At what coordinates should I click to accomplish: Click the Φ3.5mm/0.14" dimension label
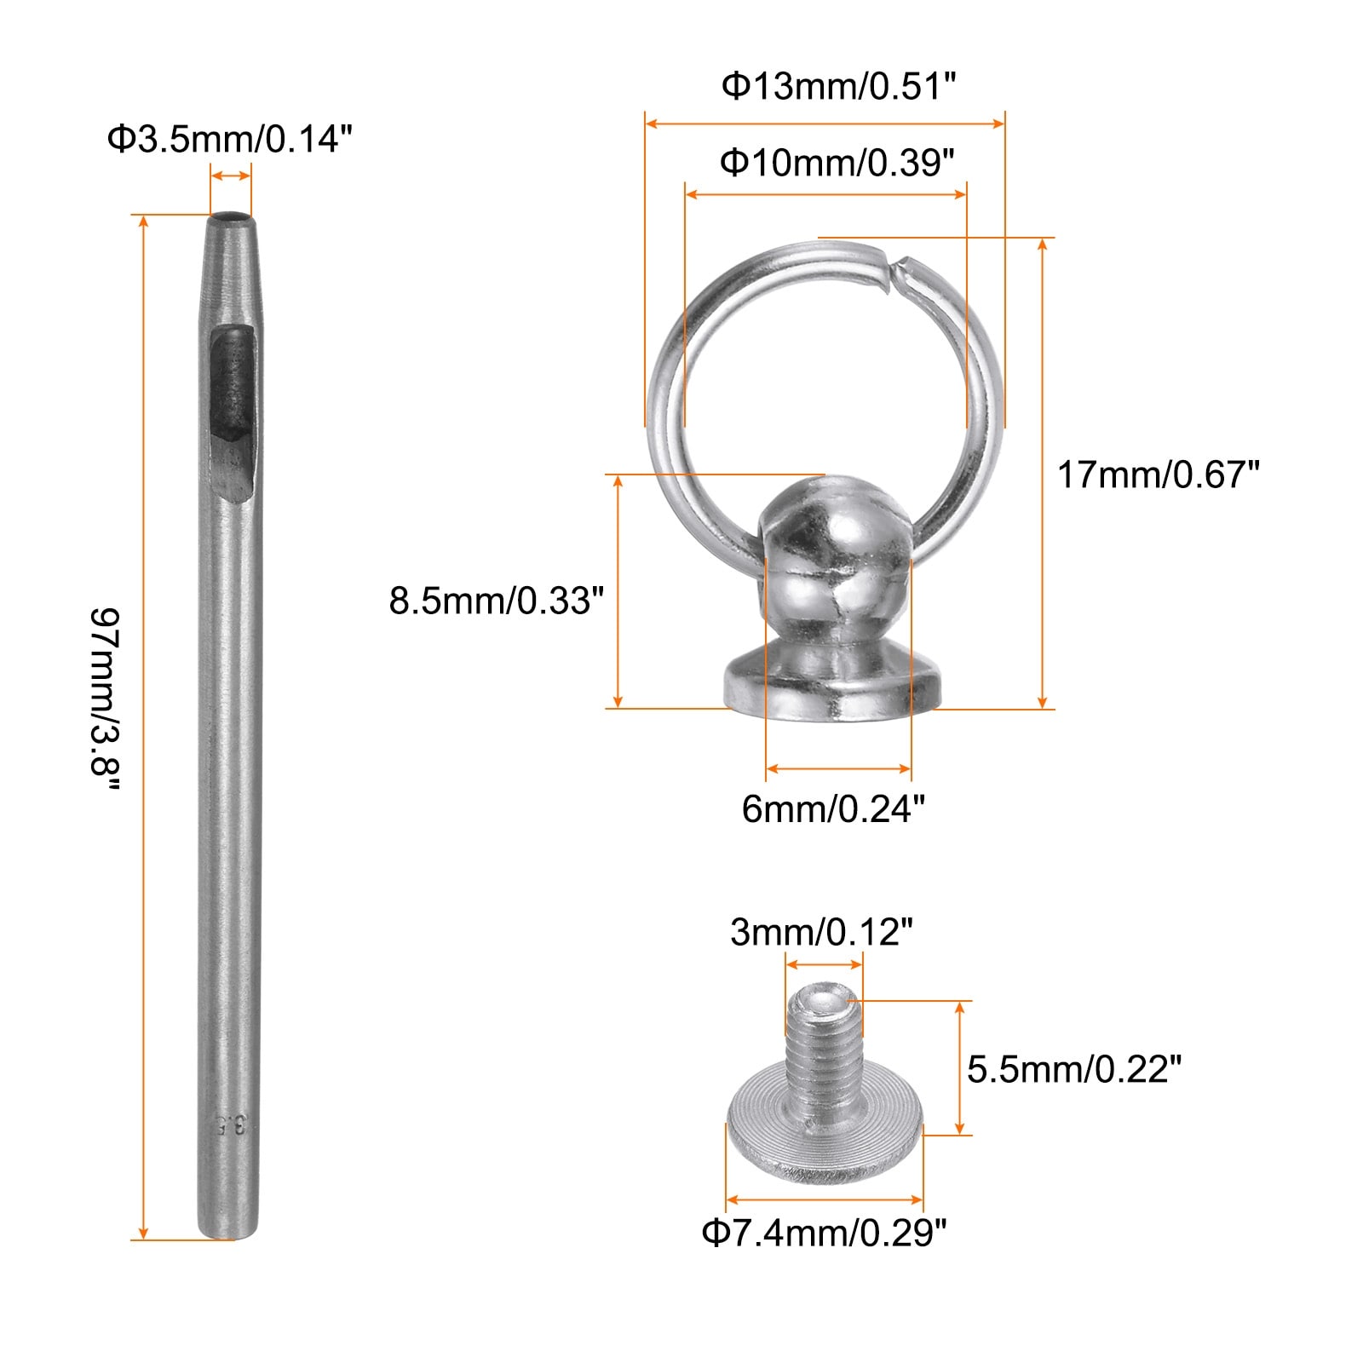[x=229, y=139]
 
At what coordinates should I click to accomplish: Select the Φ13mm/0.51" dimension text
[x=839, y=86]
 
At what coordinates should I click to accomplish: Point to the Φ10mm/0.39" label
[x=837, y=162]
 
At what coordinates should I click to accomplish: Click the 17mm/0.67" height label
[x=1158, y=474]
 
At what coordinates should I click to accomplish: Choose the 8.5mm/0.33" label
[x=497, y=601]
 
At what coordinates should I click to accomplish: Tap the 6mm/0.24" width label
[x=833, y=808]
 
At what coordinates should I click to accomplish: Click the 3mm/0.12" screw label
[x=821, y=933]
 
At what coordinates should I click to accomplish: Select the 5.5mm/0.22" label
[x=1074, y=1069]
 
